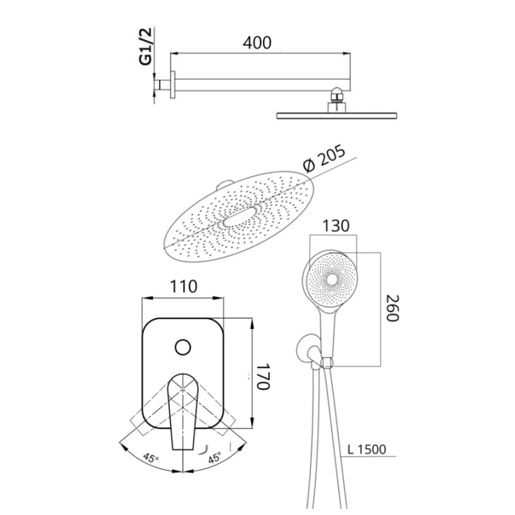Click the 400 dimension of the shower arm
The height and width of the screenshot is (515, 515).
click(x=257, y=43)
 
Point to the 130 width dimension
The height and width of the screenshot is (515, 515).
click(x=336, y=226)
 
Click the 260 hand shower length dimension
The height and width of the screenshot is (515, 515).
click(x=392, y=308)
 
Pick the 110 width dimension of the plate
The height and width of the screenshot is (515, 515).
click(x=183, y=286)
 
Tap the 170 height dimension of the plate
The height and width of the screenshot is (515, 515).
click(x=263, y=376)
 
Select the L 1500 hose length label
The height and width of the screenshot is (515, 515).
click(x=367, y=449)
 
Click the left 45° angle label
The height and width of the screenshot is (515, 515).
click(x=151, y=457)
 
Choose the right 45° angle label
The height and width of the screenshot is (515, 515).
click(x=215, y=457)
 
